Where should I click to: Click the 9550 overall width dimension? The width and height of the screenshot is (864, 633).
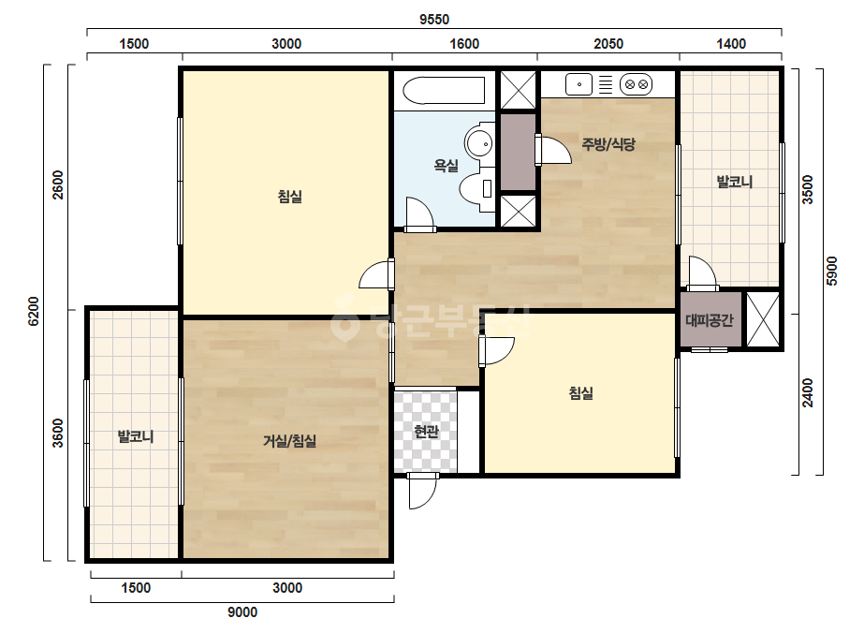434,20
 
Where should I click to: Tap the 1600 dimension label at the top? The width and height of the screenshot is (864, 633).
464,44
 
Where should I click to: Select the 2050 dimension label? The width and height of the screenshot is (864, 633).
608,44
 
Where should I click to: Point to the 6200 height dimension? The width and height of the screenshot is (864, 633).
34,312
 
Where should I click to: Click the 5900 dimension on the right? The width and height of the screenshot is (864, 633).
832,271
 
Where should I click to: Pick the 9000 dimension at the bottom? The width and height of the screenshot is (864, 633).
243,612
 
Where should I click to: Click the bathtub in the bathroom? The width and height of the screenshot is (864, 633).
444,91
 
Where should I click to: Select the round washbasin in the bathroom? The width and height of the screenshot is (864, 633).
478,143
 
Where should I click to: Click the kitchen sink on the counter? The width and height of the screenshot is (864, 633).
578,84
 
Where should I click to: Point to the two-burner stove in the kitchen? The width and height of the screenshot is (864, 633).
636,85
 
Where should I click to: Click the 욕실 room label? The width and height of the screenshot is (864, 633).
447,165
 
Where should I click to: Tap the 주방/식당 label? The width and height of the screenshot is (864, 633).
608,144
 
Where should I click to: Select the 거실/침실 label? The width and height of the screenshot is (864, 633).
290,440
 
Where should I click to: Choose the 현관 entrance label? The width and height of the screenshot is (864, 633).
426,431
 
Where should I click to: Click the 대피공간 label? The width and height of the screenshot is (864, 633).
710,320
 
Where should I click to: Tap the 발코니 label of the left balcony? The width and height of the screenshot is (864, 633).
136,436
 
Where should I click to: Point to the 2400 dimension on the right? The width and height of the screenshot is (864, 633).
807,392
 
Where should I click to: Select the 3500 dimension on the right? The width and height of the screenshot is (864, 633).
807,190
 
